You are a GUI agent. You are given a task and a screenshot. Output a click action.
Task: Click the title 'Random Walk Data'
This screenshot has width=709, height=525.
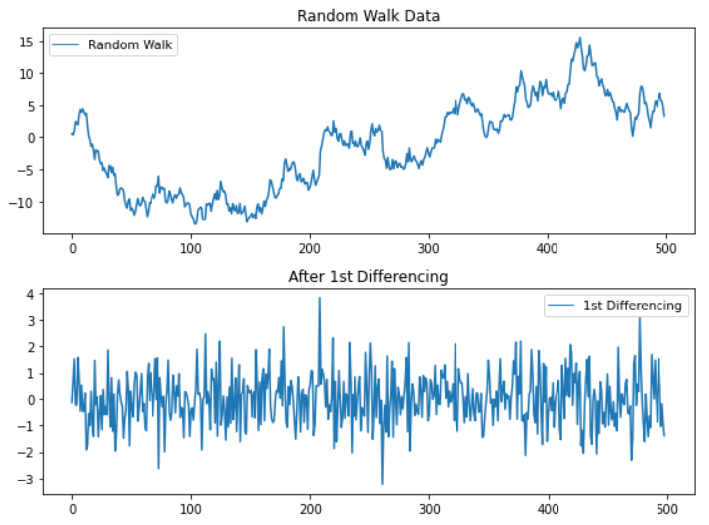[355, 15]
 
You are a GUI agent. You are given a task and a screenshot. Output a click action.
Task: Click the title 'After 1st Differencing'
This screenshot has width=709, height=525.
[355, 277]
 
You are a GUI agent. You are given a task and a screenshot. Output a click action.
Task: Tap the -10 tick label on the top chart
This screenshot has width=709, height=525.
[25, 202]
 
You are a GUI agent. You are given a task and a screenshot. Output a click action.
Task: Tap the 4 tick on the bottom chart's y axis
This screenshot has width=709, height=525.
[32, 295]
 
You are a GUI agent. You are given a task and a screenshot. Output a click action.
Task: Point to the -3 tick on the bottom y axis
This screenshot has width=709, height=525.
[29, 480]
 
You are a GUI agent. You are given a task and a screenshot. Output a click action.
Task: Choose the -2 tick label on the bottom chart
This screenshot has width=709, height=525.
[29, 453]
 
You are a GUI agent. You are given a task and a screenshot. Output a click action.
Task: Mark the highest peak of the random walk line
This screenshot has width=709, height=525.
[580, 38]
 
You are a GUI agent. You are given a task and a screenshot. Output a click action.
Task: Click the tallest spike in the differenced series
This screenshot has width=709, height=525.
[319, 297]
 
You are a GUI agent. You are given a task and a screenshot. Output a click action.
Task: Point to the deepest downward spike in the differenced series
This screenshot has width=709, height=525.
[382, 484]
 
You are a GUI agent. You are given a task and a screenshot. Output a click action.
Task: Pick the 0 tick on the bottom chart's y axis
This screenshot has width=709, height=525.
[32, 400]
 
